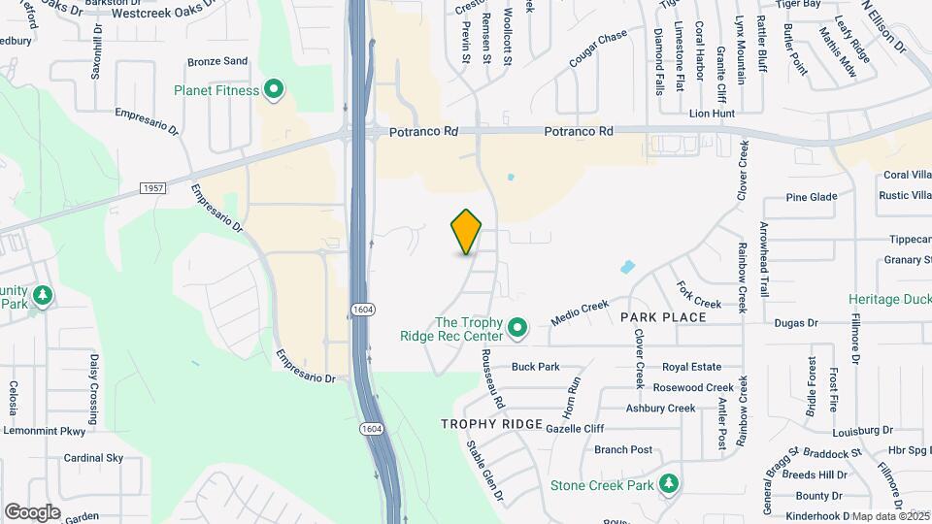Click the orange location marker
click(467, 231)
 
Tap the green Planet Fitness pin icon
click(274, 91)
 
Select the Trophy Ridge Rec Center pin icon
click(517, 329)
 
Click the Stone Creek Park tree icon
click(668, 483)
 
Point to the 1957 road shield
click(152, 187)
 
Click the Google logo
click(32, 511)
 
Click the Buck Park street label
click(536, 367)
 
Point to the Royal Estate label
click(692, 367)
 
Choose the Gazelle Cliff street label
click(575, 428)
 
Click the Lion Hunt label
click(712, 114)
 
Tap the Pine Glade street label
click(812, 197)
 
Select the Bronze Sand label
click(217, 61)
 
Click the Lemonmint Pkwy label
click(46, 430)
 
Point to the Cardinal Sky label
click(93, 457)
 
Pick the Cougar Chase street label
click(598, 50)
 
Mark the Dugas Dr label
click(796, 322)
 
